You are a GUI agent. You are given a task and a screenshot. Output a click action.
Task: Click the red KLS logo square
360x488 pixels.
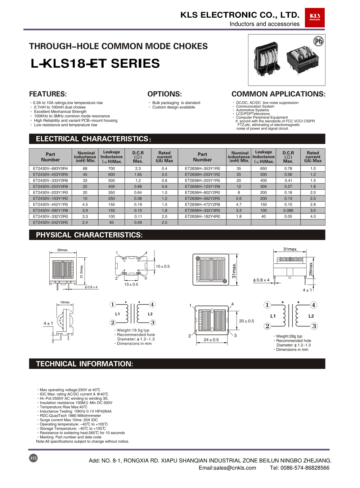coord(315,18)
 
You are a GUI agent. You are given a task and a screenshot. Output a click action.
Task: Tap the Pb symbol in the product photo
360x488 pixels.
coord(318,41)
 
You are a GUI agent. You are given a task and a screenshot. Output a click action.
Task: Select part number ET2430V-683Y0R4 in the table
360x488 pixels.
coord(50,168)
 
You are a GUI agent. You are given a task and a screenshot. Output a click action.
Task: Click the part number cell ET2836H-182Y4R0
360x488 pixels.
coord(202,217)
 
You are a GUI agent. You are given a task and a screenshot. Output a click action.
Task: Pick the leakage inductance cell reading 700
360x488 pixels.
coord(112,168)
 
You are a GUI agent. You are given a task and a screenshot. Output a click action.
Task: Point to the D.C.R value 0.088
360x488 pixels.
coord(288,211)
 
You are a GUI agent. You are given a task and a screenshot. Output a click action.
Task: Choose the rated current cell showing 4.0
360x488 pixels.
coord(313,217)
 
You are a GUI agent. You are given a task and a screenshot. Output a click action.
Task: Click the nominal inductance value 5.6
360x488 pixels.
coord(239,199)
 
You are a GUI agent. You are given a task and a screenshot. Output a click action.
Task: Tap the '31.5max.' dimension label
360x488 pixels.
coord(81,271)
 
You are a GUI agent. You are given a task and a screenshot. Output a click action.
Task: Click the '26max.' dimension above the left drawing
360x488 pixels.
coord(63,250)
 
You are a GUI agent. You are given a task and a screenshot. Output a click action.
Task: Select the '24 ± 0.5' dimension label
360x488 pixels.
coord(211,340)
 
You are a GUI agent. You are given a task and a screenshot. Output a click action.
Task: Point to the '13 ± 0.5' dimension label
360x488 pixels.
coord(131,284)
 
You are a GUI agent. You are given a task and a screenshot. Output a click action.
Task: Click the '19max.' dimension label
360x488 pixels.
coord(65,302)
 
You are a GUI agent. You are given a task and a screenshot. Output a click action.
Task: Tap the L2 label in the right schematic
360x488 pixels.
coord(311,316)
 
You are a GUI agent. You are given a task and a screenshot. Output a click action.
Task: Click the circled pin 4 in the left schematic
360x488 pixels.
coord(152,304)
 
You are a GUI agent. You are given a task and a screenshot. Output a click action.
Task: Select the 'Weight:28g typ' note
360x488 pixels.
coord(289,336)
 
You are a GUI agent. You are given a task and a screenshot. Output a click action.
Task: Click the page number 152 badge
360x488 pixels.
coord(33,458)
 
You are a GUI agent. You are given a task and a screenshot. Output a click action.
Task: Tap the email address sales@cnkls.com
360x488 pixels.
coord(227,468)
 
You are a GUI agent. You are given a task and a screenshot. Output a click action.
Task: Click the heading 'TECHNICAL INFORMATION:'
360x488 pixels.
coord(84,364)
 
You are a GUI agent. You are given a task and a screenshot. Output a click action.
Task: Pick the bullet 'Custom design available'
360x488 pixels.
coord(173,107)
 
